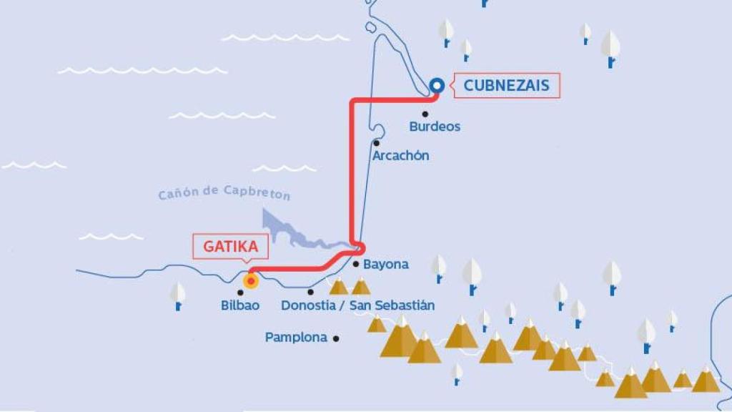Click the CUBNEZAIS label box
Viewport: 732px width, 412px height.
(506, 86)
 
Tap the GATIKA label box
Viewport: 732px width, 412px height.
(230, 247)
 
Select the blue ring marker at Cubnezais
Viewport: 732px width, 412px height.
(437, 86)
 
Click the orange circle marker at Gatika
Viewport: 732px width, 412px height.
(251, 280)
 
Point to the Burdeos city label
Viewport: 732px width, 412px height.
(435, 127)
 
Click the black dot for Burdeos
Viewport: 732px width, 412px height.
(425, 114)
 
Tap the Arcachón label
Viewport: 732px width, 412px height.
(400, 155)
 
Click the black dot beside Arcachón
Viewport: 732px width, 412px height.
(376, 142)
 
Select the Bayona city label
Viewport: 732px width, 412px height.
(386, 264)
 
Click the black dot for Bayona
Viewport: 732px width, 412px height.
(356, 264)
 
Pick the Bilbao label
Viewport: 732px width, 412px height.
(240, 305)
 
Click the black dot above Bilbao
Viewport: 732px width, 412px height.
(240, 292)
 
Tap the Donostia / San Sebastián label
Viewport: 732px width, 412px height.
(357, 305)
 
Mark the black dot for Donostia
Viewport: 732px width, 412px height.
(310, 292)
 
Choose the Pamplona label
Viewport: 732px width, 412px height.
(296, 337)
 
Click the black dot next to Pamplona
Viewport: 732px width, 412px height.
(335, 338)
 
